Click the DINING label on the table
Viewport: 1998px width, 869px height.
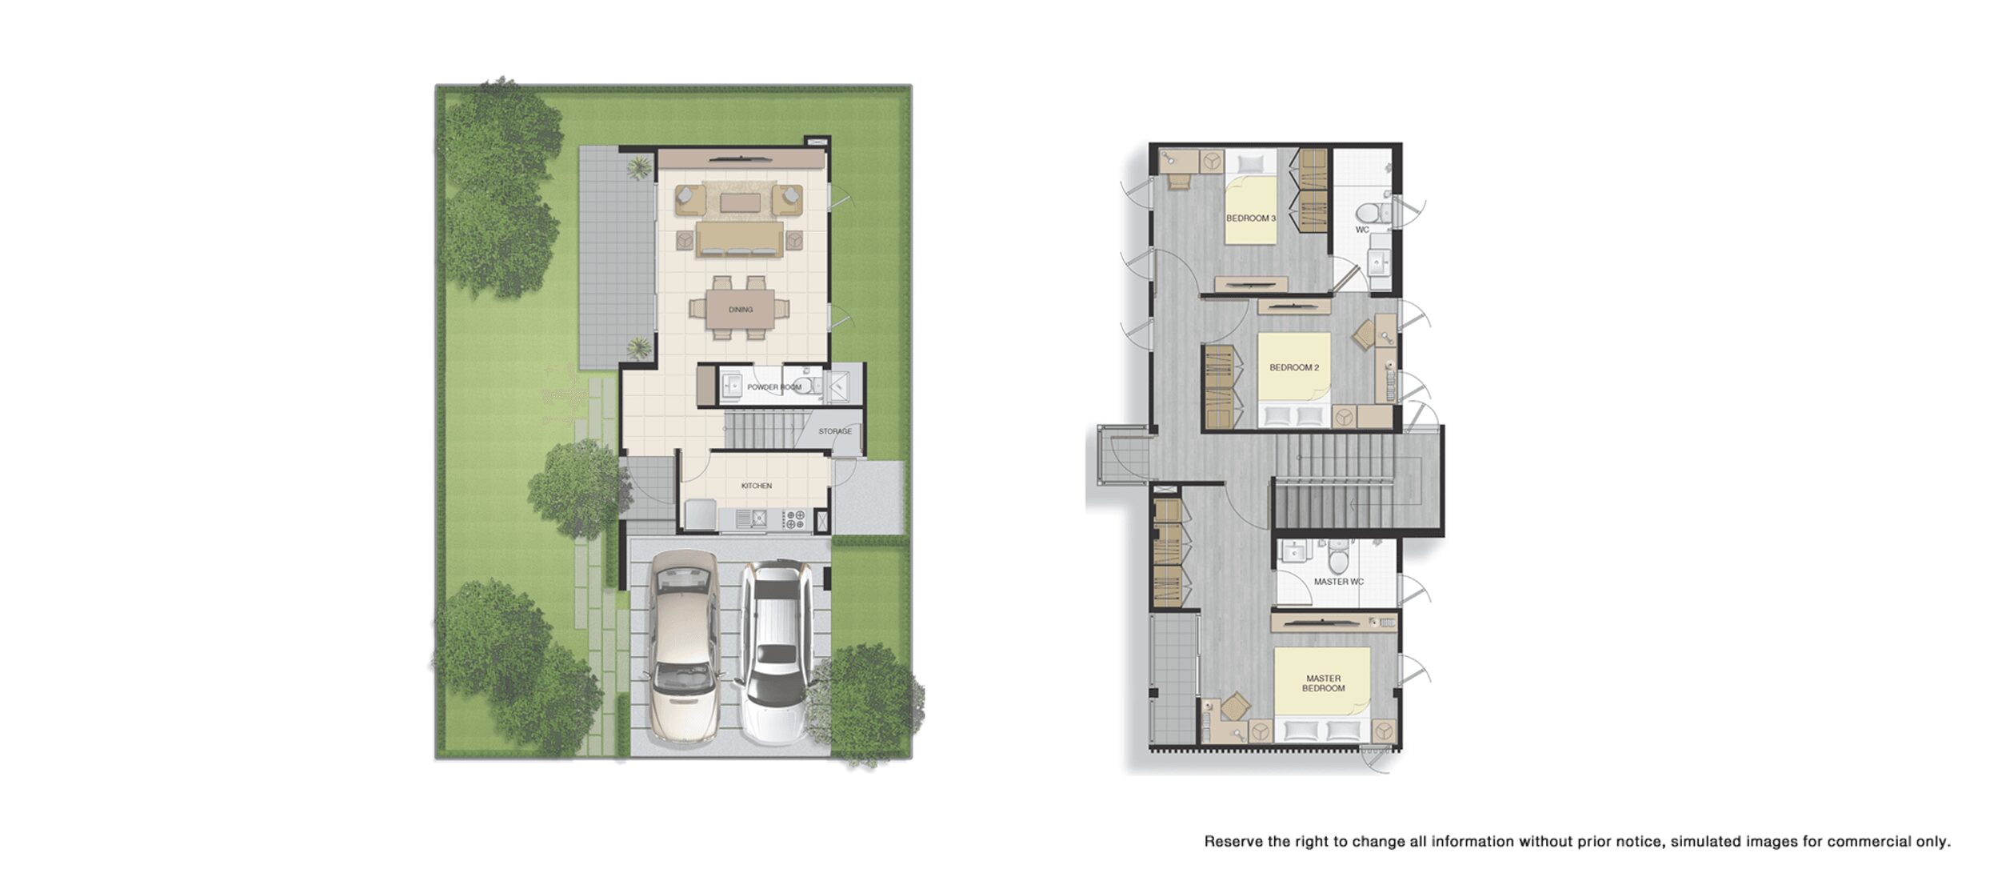[740, 310]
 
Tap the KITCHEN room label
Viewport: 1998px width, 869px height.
[756, 486]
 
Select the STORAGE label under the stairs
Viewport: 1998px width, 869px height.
[834, 431]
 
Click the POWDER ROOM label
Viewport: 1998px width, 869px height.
[773, 387]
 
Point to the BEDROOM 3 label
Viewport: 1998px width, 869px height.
[1251, 218]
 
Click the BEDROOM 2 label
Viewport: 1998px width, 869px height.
[1294, 368]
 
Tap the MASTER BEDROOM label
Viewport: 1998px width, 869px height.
[1323, 683]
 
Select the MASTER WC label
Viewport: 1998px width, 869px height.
[1338, 582]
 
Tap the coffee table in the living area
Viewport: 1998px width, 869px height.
[740, 202]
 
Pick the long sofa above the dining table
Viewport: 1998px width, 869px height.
[739, 239]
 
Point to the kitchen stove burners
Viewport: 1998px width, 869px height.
[794, 519]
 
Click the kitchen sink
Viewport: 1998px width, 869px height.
[751, 519]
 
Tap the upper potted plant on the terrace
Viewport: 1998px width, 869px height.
[639, 167]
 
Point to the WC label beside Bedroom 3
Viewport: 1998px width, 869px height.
[1362, 230]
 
